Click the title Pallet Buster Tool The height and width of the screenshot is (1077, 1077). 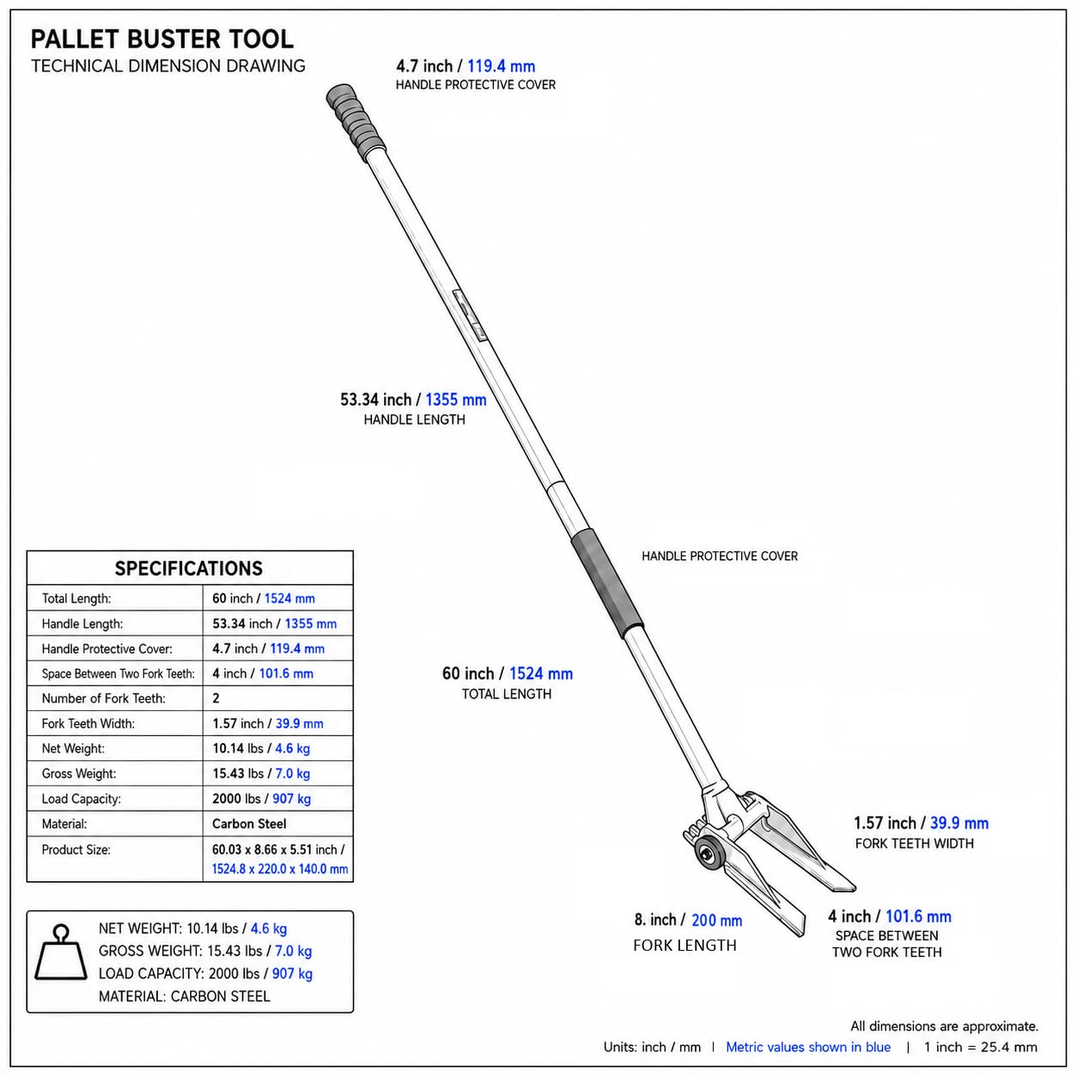(161, 40)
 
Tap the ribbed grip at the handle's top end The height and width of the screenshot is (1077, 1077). (356, 119)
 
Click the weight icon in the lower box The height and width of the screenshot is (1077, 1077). (61, 953)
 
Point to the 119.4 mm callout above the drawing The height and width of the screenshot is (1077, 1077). (501, 66)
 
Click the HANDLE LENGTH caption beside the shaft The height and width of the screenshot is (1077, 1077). (414, 419)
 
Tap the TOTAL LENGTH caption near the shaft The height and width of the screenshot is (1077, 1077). (507, 694)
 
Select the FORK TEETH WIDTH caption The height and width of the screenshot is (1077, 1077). (915, 843)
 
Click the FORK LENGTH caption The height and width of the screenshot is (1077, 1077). (685, 945)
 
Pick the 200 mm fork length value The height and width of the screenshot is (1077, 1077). (716, 921)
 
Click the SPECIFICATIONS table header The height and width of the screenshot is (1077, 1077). (188, 569)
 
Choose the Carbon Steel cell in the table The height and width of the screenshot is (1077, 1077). (249, 824)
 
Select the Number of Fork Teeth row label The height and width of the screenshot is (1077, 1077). (103, 698)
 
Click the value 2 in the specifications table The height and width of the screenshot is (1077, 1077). (216, 698)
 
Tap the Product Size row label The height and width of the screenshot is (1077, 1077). (76, 849)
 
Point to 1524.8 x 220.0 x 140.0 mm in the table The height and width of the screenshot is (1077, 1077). (279, 869)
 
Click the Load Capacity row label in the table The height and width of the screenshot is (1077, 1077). (81, 799)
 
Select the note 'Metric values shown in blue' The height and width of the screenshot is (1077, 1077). (808, 1047)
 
